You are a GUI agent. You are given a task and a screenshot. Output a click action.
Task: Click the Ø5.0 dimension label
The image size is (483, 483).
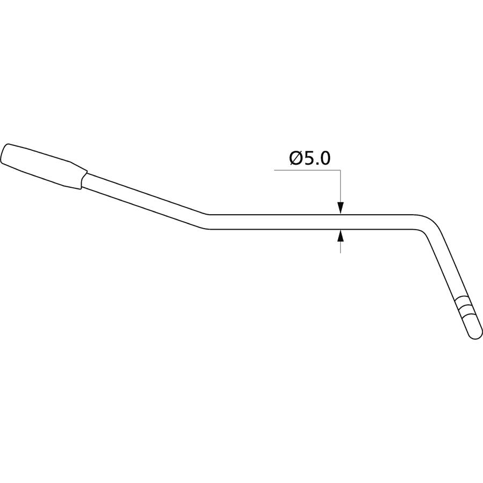click(310, 159)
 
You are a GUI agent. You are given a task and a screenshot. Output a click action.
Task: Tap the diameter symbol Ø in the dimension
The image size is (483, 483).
click(296, 159)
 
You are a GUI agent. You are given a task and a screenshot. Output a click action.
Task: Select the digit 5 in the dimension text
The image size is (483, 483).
click(309, 159)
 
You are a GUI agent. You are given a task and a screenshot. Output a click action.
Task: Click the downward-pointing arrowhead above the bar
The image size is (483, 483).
click(340, 208)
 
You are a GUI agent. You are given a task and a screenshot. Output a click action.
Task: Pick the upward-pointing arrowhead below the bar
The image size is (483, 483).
click(340, 236)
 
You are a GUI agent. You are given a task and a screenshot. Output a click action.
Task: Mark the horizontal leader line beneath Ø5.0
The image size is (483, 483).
click(307, 170)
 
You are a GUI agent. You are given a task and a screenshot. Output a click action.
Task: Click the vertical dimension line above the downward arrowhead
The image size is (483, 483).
click(340, 186)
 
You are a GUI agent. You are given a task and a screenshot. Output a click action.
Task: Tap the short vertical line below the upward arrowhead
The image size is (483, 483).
click(340, 247)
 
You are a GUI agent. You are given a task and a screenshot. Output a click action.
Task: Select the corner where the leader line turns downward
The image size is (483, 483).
click(340, 170)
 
